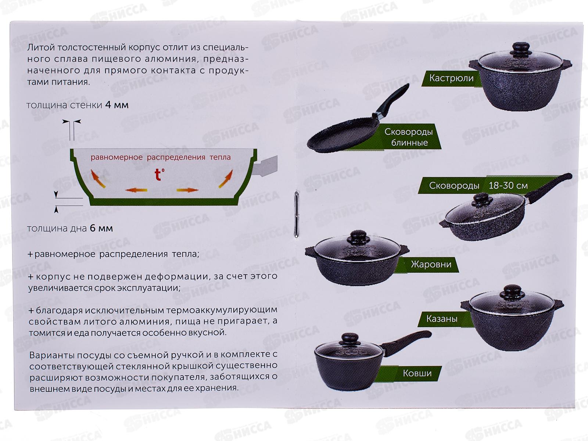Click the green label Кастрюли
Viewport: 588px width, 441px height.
pos(451,78)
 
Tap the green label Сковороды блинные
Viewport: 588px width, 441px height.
pos(409,137)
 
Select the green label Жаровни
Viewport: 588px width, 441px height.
pos(431,264)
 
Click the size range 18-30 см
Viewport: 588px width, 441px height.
pos(508,186)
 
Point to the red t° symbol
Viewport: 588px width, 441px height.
pos(159,174)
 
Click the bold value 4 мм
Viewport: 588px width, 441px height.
pos(117,105)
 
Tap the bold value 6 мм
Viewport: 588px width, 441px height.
pos(101,228)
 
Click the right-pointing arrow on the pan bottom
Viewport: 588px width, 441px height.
pos(187,190)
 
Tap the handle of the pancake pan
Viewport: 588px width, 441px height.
pos(393,100)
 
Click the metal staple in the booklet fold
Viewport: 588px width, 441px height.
pos(296,214)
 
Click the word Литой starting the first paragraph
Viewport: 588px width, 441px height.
pos(41,48)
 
